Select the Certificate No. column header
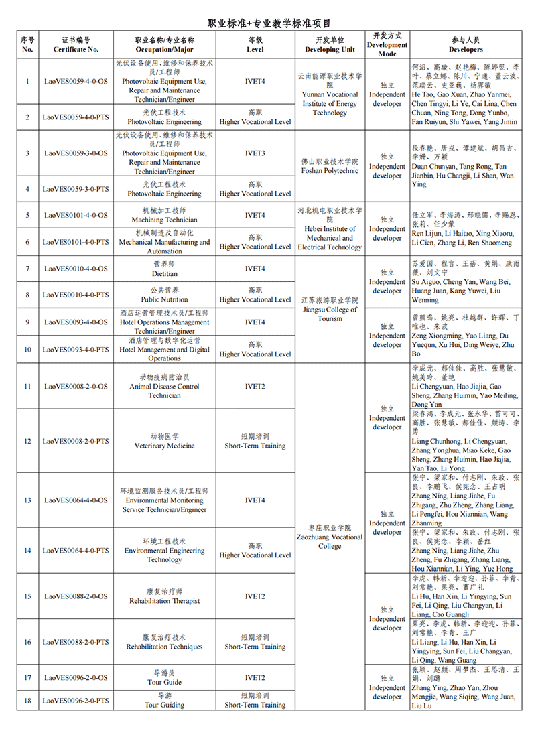click(76, 45)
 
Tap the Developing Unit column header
click(330, 45)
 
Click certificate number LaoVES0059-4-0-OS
click(76, 82)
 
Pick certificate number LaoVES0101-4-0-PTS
click(76, 242)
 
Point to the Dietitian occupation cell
click(164, 269)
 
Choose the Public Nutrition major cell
click(164, 295)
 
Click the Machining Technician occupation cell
click(164, 216)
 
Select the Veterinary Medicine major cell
click(164, 441)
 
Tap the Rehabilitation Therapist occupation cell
click(164, 596)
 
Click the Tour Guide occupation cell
click(164, 677)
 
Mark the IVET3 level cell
click(255, 153)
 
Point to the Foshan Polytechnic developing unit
click(330, 166)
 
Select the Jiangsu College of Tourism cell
click(330, 309)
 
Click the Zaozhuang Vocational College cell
click(330, 537)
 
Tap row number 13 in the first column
click(27, 500)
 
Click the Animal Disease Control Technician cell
click(164, 387)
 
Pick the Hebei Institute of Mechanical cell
click(330, 228)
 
